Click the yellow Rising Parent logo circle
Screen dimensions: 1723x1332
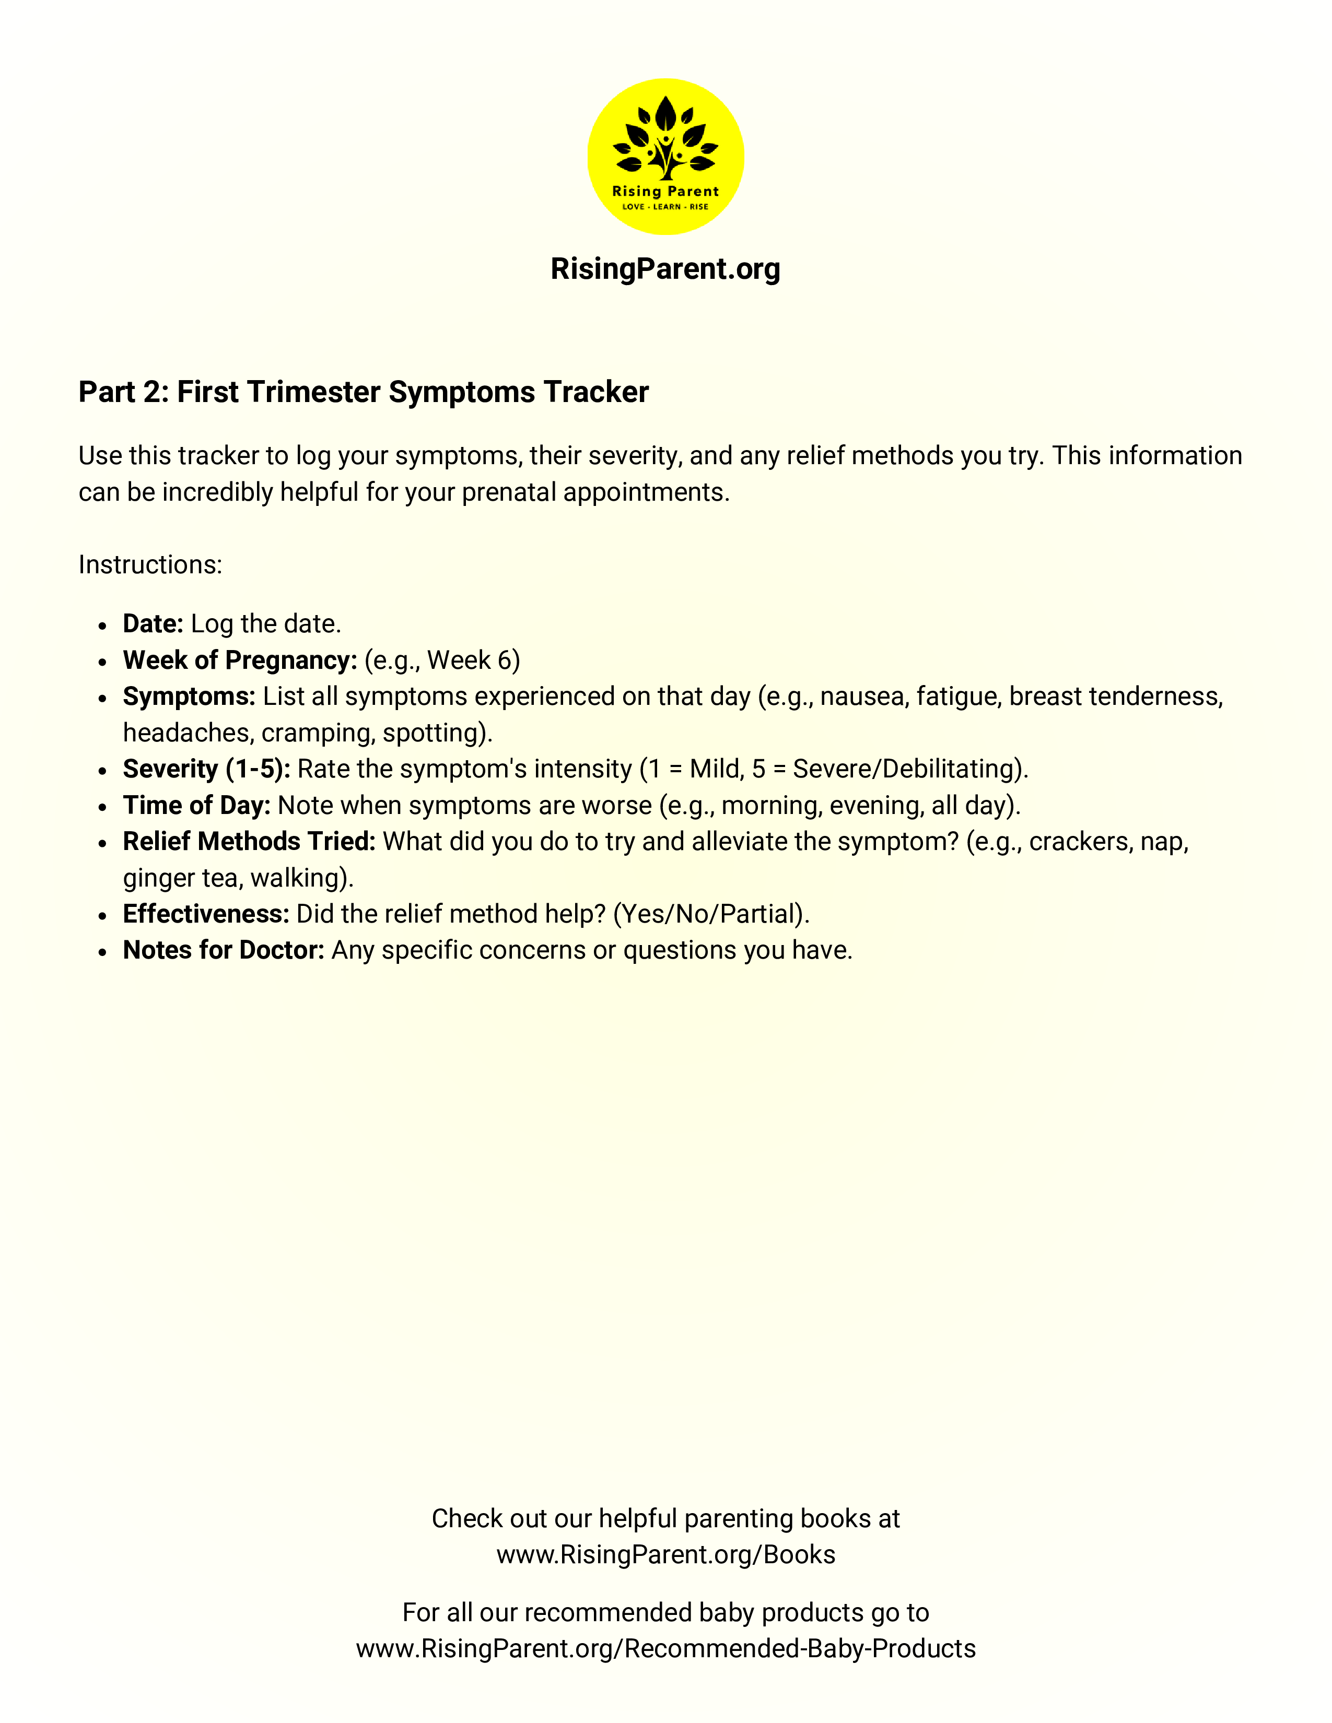[x=665, y=156]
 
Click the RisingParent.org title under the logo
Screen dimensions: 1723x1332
[x=665, y=269]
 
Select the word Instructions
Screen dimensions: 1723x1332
[x=150, y=565]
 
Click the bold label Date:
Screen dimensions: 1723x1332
[x=153, y=624]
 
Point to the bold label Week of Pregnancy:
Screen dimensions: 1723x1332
[x=240, y=660]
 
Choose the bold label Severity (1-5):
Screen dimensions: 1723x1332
[x=207, y=769]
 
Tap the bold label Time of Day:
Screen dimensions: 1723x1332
[x=196, y=806]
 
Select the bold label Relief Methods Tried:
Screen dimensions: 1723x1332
[x=249, y=842]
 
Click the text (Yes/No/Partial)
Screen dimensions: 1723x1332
[x=711, y=914]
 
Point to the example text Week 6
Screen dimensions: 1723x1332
[x=471, y=660]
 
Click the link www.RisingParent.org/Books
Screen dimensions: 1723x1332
[x=665, y=1554]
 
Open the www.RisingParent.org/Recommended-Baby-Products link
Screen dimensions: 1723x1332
[x=665, y=1649]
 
